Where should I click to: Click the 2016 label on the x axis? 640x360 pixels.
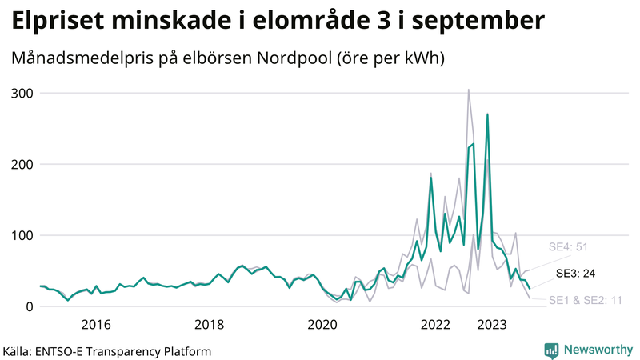point(96,324)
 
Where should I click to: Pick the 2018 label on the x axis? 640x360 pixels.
point(210,324)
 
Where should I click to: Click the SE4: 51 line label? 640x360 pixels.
point(567,246)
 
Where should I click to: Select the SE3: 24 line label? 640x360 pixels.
point(575,273)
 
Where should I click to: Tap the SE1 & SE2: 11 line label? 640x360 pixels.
point(586,300)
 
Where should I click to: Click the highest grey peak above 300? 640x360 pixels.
point(469,90)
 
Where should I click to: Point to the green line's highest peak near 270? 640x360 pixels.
point(487,114)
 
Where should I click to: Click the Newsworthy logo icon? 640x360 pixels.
point(551,350)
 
